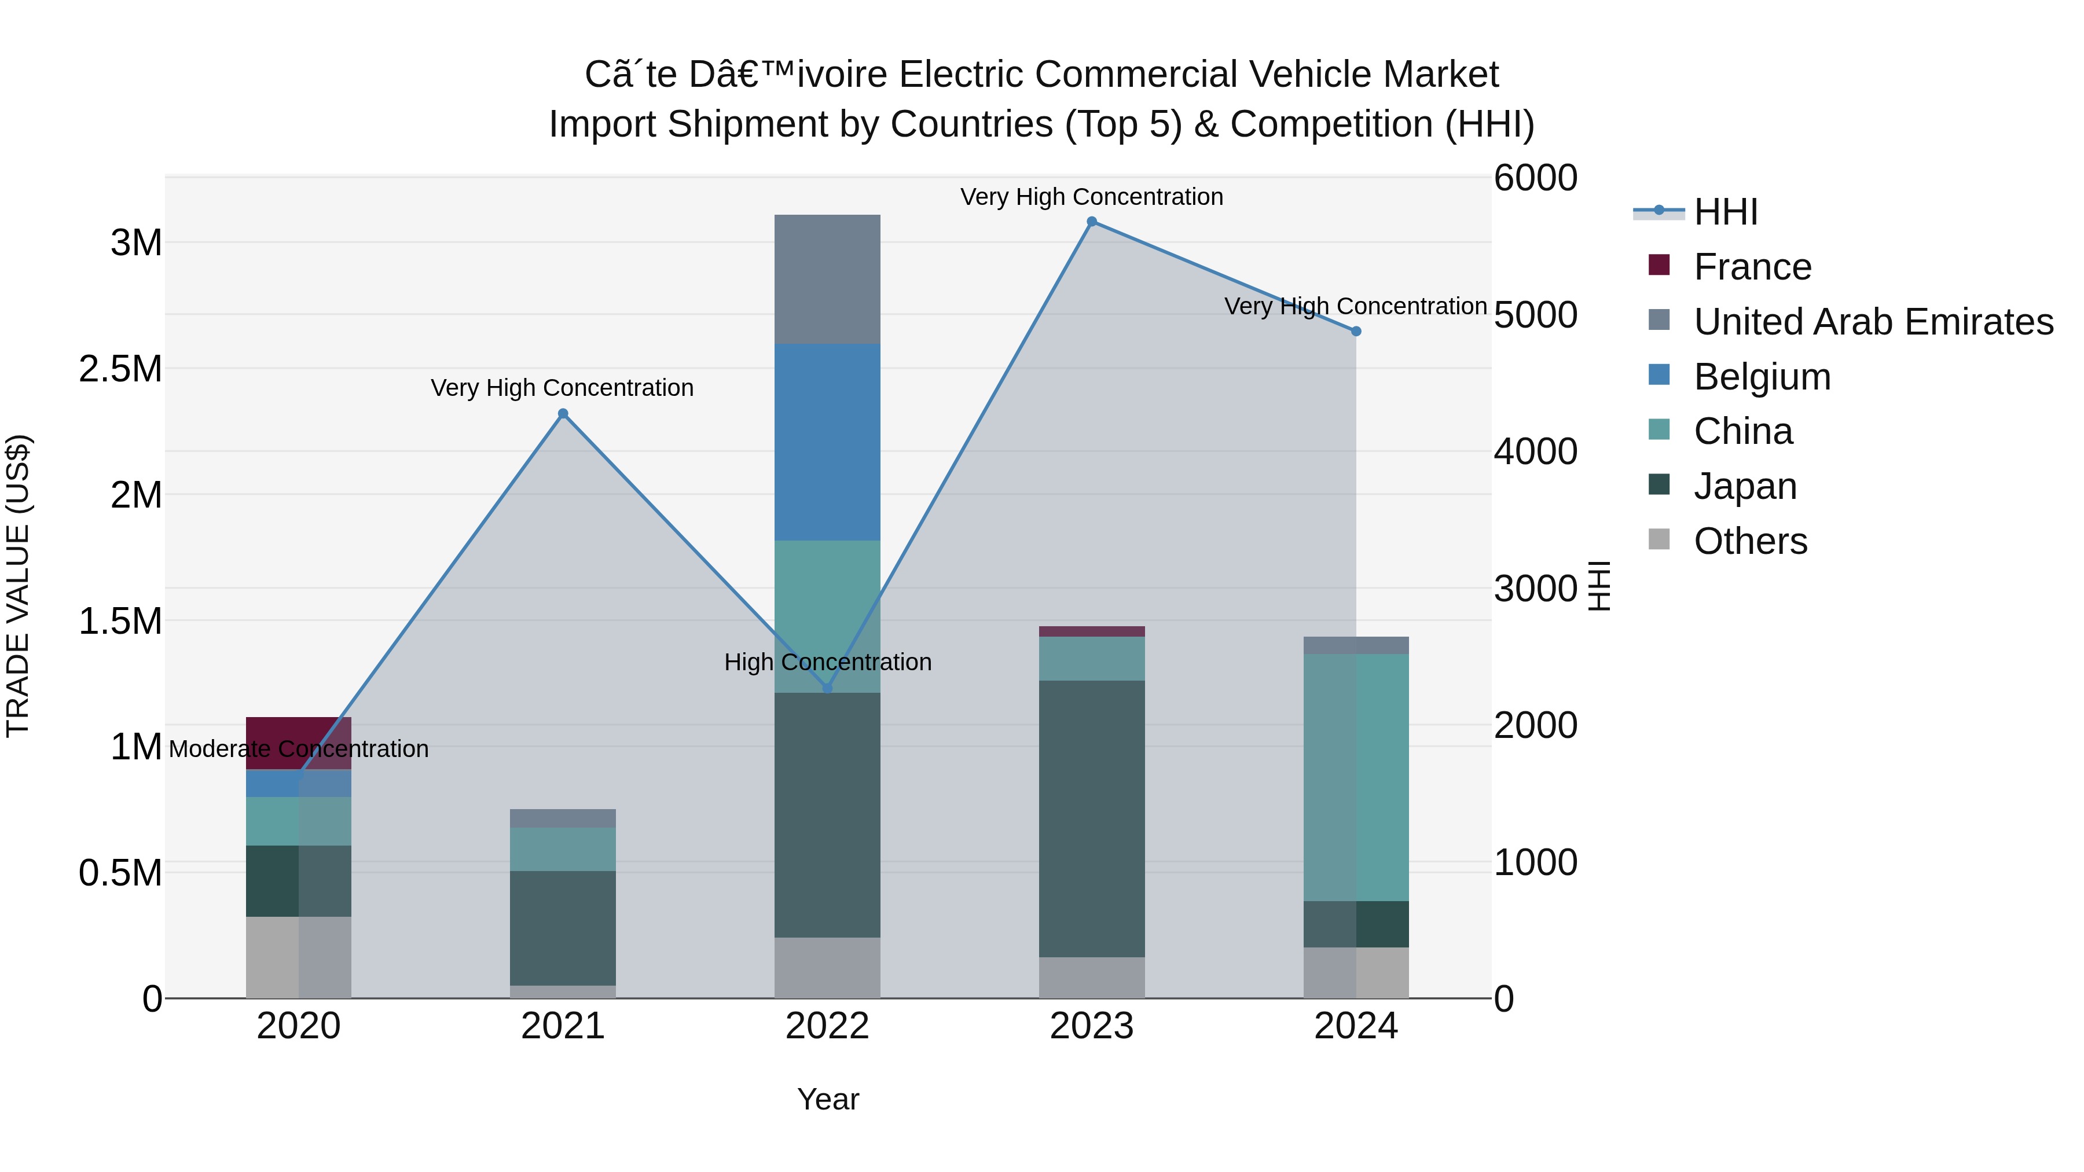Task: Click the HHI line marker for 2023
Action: (1091, 222)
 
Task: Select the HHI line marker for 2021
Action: (563, 414)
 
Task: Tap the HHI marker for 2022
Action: (827, 688)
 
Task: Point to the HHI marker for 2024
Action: (1356, 332)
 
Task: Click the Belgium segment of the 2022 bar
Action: (827, 442)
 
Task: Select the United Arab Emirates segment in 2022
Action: (827, 279)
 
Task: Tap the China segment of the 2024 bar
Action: (1356, 777)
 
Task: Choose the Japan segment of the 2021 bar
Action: (563, 928)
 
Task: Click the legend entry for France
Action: (1752, 267)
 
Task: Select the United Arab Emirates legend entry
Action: (1873, 322)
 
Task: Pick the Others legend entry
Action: (1750, 541)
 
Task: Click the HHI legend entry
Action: (1725, 212)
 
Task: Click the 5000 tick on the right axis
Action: (1535, 315)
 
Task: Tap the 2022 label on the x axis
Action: (827, 1026)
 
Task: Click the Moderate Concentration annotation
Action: (299, 749)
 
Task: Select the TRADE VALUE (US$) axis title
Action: (18, 586)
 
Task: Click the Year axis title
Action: (828, 1099)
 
